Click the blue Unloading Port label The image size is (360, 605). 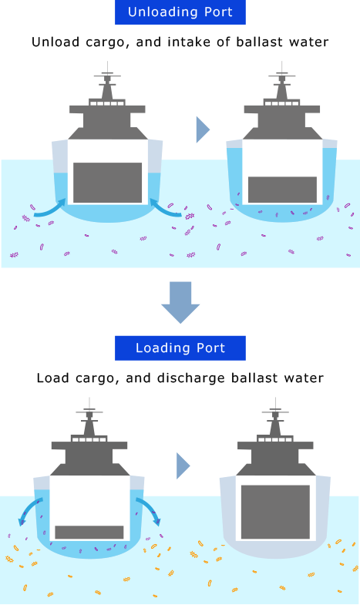click(180, 12)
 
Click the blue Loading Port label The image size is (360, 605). click(180, 348)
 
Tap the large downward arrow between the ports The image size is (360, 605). click(180, 302)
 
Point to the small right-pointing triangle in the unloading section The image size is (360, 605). click(203, 129)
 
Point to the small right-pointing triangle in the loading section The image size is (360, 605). click(183, 466)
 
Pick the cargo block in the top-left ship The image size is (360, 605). click(108, 183)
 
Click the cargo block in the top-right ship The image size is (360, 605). click(282, 190)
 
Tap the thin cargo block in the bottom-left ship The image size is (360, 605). click(89, 532)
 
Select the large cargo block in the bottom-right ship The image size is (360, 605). click(275, 512)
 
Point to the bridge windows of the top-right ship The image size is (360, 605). click(281, 103)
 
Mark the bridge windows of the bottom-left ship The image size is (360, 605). click(89, 439)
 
